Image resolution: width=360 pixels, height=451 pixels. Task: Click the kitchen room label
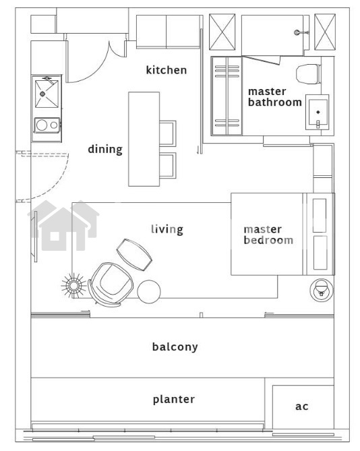pyautogui.click(x=167, y=70)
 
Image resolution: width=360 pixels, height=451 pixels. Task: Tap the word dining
pyautogui.click(x=105, y=149)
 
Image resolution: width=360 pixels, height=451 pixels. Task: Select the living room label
pyautogui.click(x=167, y=229)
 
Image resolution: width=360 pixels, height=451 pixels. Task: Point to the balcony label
pyautogui.click(x=175, y=347)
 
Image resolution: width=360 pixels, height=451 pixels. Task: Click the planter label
pyautogui.click(x=174, y=399)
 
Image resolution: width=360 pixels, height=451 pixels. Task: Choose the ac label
pyautogui.click(x=301, y=407)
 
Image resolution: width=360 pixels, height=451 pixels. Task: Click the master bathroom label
pyautogui.click(x=274, y=97)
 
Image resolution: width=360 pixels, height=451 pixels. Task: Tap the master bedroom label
pyautogui.click(x=268, y=235)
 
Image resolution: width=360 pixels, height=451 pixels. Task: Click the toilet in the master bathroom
pyautogui.click(x=309, y=74)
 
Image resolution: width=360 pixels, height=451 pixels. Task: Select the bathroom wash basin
pyautogui.click(x=318, y=112)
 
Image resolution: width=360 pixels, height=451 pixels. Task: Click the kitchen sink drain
pyautogui.click(x=42, y=94)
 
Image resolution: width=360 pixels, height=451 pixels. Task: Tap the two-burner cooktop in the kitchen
pyautogui.click(x=47, y=125)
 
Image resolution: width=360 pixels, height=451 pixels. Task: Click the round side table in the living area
pyautogui.click(x=149, y=291)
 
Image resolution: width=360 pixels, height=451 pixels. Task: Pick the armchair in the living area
pyautogui.click(x=111, y=283)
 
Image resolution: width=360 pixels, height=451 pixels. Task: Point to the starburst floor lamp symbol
pyautogui.click(x=74, y=286)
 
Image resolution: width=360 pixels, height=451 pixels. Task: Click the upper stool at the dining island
pyautogui.click(x=168, y=133)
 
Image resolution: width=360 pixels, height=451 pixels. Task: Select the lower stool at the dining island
pyautogui.click(x=168, y=165)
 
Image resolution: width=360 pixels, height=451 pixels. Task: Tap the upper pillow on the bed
pyautogui.click(x=320, y=216)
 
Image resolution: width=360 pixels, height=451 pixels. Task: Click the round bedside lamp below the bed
pyautogui.click(x=322, y=290)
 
